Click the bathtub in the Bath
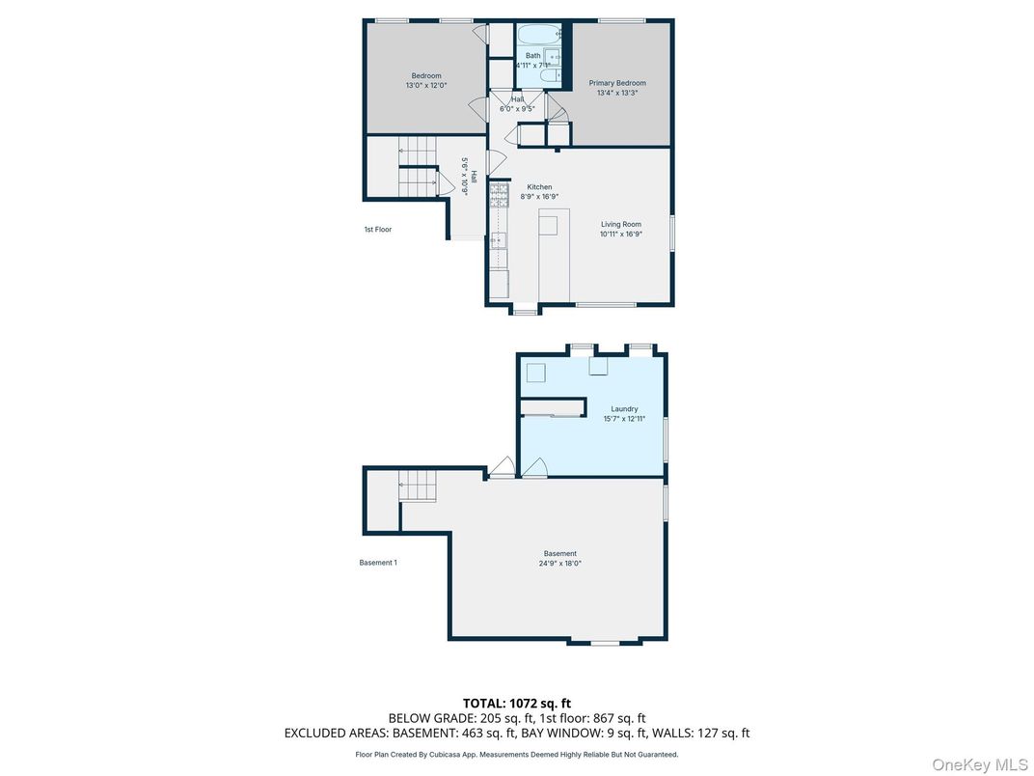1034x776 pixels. pos(536,36)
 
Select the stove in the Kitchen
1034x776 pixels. pos(499,196)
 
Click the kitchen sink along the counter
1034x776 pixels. pos(499,240)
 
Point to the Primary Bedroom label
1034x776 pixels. pos(620,83)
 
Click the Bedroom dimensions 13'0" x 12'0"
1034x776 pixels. pos(426,86)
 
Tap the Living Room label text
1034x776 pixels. pos(620,224)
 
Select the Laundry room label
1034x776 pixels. pos(624,409)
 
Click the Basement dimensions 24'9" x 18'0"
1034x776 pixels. pos(559,564)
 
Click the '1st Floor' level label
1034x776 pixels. pos(377,230)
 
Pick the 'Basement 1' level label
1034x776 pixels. pos(377,563)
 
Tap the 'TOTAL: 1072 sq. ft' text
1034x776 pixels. pos(517,704)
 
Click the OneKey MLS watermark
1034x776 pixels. pos(979,764)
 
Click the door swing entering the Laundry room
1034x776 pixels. pos(535,468)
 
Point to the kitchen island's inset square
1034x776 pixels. pos(548,226)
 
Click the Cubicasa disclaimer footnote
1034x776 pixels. pos(517,755)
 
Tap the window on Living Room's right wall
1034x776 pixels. pos(672,235)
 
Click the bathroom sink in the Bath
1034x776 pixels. pos(556,59)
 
